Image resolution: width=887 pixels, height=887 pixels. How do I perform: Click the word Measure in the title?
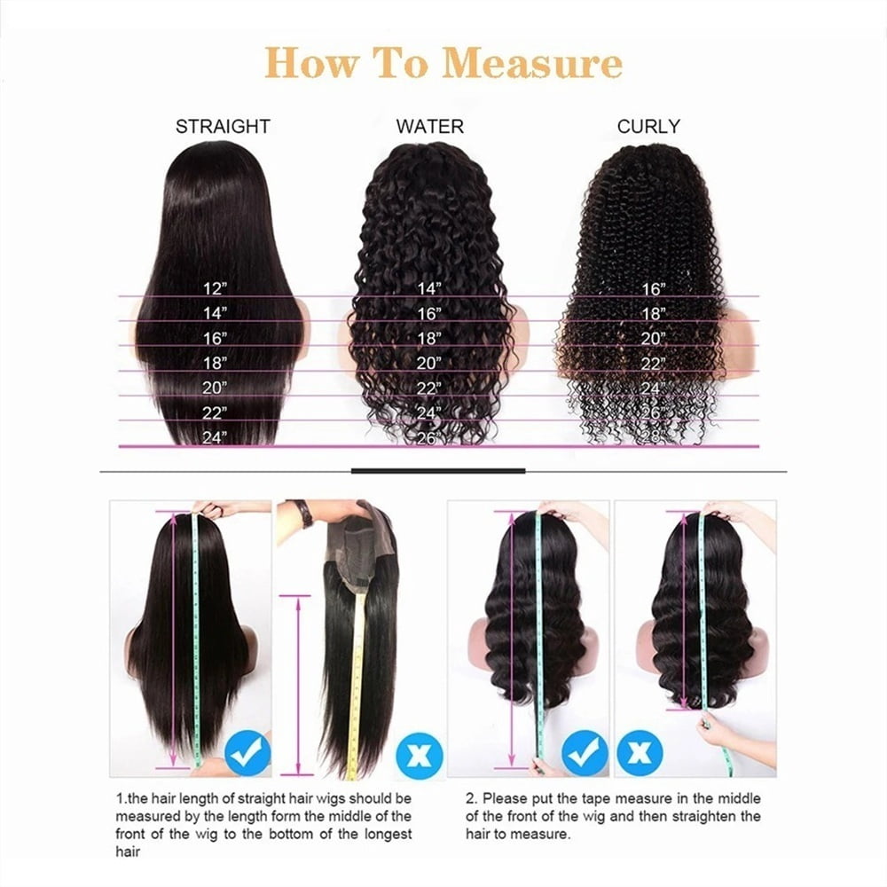click(531, 63)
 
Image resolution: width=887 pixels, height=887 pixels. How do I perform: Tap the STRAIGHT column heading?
click(223, 126)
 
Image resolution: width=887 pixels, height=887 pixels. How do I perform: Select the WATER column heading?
click(430, 126)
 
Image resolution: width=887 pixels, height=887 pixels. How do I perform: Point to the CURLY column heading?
click(648, 126)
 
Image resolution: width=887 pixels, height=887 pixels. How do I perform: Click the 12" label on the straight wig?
click(215, 288)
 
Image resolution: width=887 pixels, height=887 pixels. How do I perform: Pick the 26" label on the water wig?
click(428, 438)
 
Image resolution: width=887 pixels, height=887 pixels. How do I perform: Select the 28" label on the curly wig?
click(653, 437)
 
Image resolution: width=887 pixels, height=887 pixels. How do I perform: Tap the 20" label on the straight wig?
click(215, 388)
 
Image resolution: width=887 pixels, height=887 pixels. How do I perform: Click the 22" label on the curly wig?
click(653, 363)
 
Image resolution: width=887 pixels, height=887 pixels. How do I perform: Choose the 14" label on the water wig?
click(428, 288)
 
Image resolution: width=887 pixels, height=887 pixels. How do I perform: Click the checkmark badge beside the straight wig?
click(247, 752)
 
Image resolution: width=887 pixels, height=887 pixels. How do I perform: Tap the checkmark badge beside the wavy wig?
click(585, 753)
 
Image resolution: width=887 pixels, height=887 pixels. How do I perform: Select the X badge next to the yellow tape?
click(420, 755)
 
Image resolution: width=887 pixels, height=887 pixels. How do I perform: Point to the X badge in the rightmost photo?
click(640, 753)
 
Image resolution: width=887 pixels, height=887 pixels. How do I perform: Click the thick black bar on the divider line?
click(438, 471)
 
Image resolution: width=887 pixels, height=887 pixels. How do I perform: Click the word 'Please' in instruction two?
click(504, 799)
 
